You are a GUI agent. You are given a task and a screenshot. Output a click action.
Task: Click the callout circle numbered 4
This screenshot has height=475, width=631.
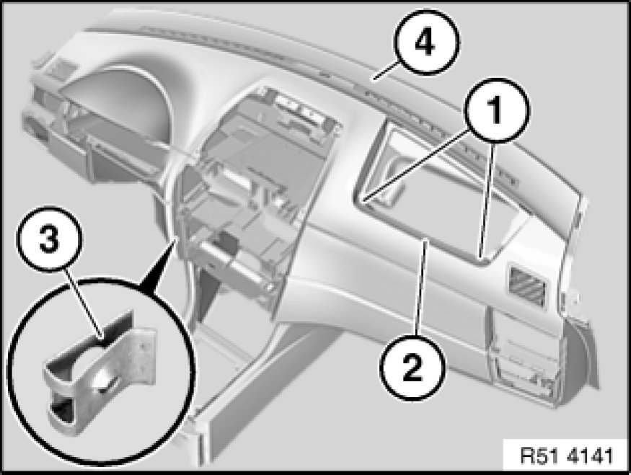pyautogui.click(x=427, y=42)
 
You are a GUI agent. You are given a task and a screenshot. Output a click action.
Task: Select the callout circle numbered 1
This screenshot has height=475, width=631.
pyautogui.click(x=497, y=110)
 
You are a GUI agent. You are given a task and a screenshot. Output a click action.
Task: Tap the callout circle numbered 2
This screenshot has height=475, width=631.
pyautogui.click(x=413, y=368)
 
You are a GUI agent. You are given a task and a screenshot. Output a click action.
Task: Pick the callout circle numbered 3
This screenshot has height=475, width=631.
pyautogui.click(x=49, y=240)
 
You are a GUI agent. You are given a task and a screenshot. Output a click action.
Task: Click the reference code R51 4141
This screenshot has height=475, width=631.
pyautogui.click(x=566, y=456)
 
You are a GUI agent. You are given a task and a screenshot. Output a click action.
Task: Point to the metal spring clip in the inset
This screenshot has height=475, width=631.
pyautogui.click(x=100, y=372)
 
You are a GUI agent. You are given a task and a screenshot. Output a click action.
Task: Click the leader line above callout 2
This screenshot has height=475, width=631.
pyautogui.click(x=421, y=286)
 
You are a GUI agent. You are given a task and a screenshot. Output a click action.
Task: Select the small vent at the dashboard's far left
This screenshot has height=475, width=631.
pyautogui.click(x=61, y=67)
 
